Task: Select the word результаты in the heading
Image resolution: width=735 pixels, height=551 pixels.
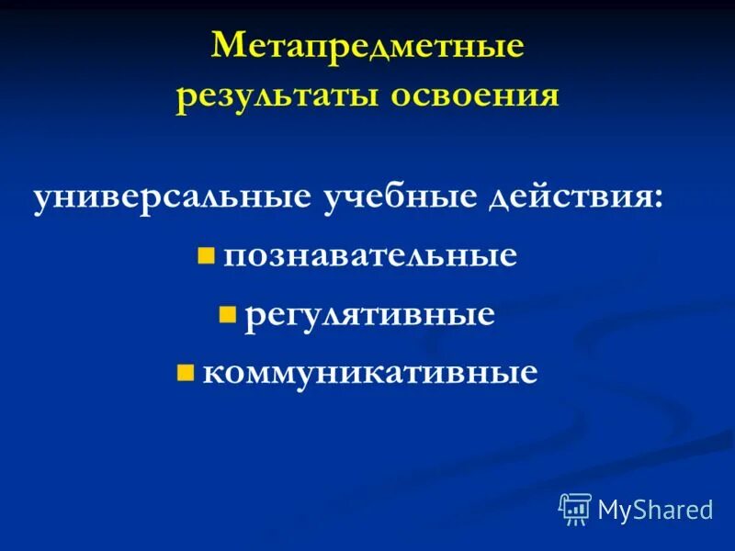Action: coord(277,96)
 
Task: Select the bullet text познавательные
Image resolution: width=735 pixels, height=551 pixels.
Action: coord(369,255)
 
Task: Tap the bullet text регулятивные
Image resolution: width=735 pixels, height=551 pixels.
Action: coord(369,315)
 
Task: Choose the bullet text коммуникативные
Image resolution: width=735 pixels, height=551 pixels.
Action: coord(369,372)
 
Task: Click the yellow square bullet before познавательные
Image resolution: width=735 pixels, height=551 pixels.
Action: coord(206,254)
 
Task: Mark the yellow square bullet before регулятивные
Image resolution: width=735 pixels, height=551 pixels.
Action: coord(228,315)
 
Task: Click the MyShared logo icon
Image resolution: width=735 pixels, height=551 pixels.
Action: coord(575,508)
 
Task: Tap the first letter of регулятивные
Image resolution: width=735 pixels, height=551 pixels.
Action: coord(251,317)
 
